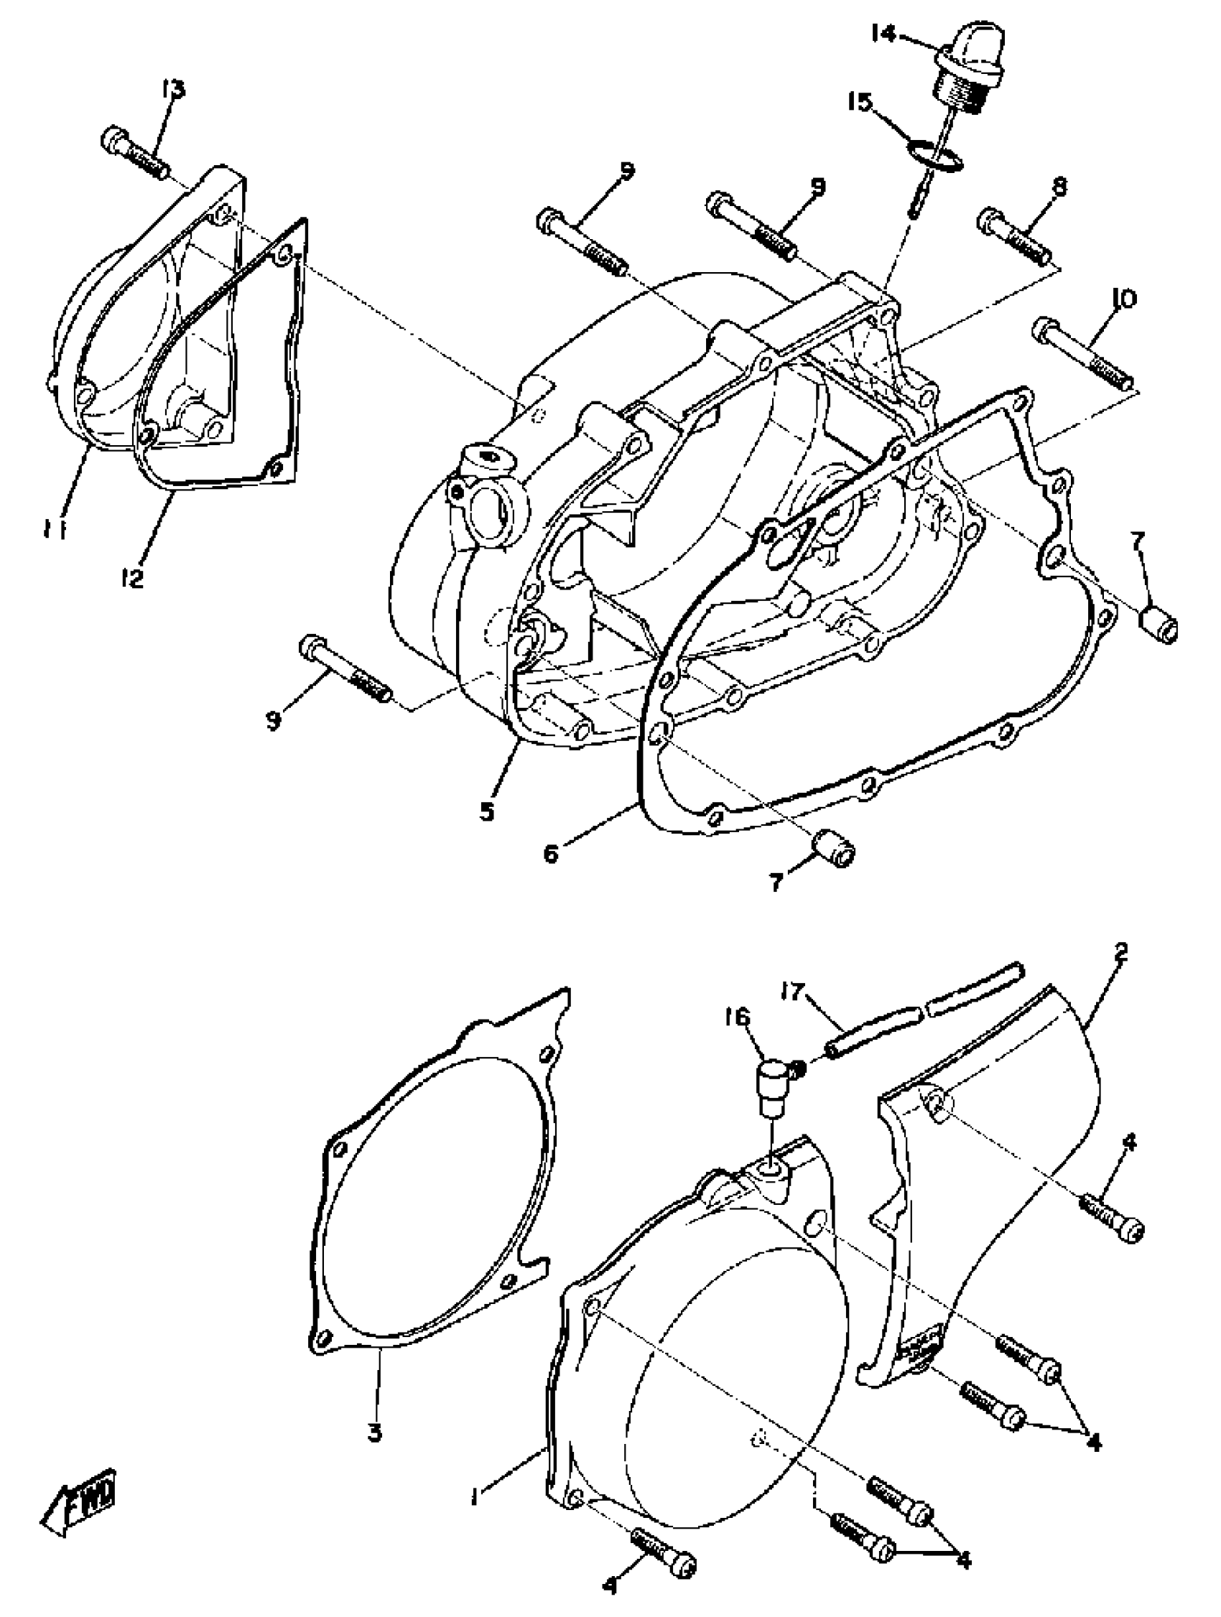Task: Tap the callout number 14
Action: pyautogui.click(x=883, y=34)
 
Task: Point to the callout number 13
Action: pyautogui.click(x=174, y=89)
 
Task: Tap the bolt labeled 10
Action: pyautogui.click(x=1084, y=353)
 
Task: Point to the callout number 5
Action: pyautogui.click(x=487, y=811)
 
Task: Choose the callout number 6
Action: pyautogui.click(x=551, y=852)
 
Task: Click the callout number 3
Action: pyautogui.click(x=374, y=1432)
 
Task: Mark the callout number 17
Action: pyautogui.click(x=793, y=992)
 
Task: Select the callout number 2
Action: pyautogui.click(x=1121, y=952)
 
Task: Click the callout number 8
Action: pyautogui.click(x=1057, y=187)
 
